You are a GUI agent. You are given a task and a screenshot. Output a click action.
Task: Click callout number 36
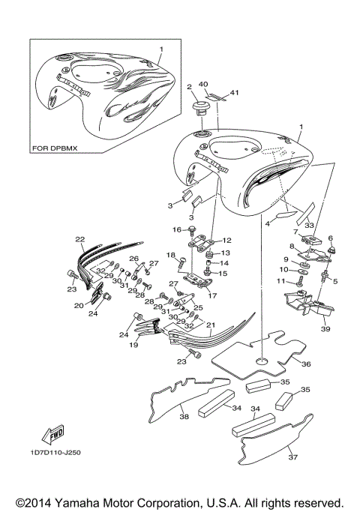point(305,364)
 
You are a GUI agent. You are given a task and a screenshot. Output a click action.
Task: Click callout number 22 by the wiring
point(80,239)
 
